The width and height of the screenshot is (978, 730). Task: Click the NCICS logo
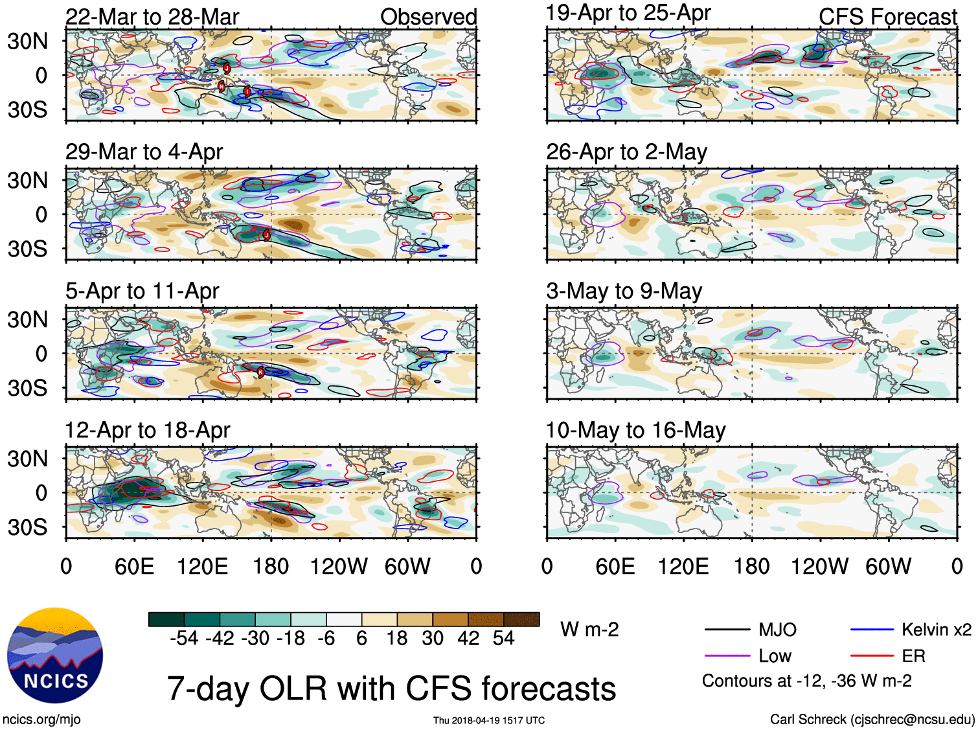click(x=55, y=656)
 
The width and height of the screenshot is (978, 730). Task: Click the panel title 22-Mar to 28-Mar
click(x=152, y=17)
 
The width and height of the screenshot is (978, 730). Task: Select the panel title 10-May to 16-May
click(x=635, y=430)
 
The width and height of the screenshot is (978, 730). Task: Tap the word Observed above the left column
click(x=428, y=17)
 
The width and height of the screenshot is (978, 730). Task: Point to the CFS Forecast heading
click(x=887, y=17)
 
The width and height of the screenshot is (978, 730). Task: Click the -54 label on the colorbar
click(x=184, y=639)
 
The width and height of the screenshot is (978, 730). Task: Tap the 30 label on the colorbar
click(x=433, y=639)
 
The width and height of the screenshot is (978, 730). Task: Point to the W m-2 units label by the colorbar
click(x=589, y=630)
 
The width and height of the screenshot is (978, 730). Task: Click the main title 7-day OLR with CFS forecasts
click(x=391, y=689)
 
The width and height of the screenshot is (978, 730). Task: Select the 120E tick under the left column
click(x=202, y=567)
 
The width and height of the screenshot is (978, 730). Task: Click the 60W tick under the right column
click(x=888, y=567)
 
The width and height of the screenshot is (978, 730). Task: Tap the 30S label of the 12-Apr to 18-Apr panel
click(x=27, y=527)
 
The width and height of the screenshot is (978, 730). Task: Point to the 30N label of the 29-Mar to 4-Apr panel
click(x=27, y=181)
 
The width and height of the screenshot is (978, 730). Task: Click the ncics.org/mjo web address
click(x=41, y=719)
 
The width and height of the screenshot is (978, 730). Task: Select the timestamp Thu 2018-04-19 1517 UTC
click(x=489, y=720)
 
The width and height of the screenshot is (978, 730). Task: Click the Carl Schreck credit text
click(x=872, y=719)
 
